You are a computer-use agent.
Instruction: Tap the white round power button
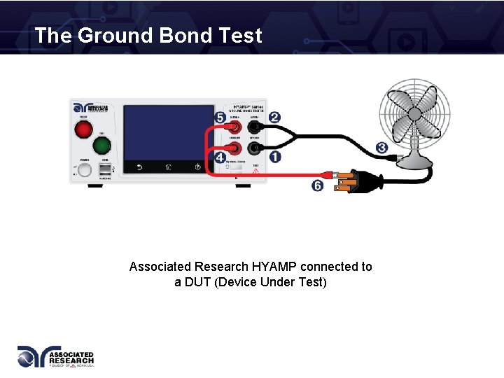85,169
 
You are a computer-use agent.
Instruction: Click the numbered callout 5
220,118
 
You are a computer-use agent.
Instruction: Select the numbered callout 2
274,118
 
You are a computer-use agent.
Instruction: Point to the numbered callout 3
382,148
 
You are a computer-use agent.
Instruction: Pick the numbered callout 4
220,158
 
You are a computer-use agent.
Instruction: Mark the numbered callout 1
274,157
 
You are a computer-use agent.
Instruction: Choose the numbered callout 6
318,185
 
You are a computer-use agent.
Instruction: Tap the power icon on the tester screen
198,167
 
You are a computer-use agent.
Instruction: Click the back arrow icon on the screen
139,167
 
